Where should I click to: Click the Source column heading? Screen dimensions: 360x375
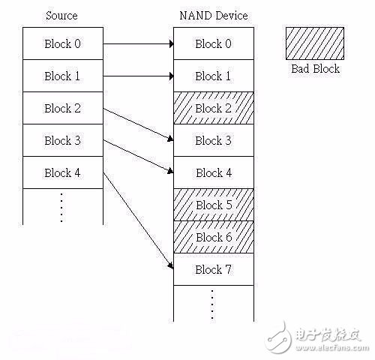(x=62, y=16)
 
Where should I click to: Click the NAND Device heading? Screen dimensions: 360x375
(x=213, y=16)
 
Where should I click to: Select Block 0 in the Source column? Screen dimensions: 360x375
(x=62, y=43)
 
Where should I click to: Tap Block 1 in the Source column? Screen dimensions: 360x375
(x=62, y=76)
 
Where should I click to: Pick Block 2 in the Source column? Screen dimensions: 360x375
(x=62, y=108)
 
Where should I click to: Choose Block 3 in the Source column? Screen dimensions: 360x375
(x=62, y=140)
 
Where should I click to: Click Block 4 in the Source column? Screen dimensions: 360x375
(x=62, y=172)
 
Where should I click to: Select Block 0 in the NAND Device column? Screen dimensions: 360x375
(x=213, y=43)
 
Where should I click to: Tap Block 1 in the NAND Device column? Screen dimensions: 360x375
(x=213, y=76)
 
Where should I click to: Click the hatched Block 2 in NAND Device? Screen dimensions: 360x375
(x=213, y=108)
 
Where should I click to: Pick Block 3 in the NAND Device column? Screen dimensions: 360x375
(x=213, y=140)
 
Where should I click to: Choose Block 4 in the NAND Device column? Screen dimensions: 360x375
(x=213, y=172)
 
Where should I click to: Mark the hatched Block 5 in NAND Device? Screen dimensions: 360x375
(x=213, y=205)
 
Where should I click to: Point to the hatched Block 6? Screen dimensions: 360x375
(x=213, y=237)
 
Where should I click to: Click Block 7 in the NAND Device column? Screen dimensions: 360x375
(x=213, y=269)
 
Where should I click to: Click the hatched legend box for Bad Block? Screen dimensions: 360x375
(x=314, y=43)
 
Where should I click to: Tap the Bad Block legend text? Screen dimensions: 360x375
(x=314, y=68)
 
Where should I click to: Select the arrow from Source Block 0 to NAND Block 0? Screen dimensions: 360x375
(x=138, y=43)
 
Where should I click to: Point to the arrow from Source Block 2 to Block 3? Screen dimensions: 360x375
(x=138, y=124)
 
